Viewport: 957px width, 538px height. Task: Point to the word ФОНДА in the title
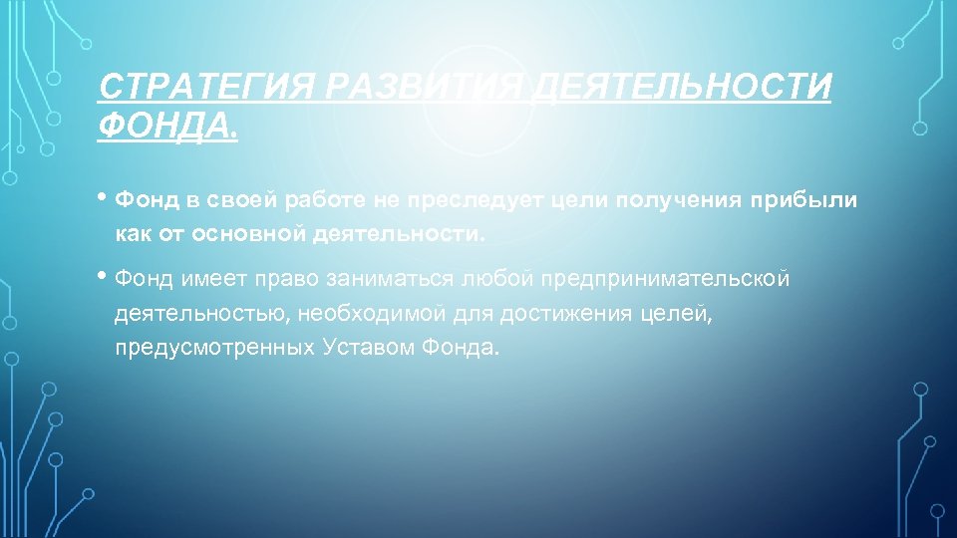(x=165, y=127)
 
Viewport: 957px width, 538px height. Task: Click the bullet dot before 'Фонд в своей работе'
(x=105, y=197)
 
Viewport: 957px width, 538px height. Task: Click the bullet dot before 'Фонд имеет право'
(x=105, y=275)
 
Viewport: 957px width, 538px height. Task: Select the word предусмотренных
(x=216, y=349)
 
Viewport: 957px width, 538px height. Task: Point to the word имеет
(x=210, y=279)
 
